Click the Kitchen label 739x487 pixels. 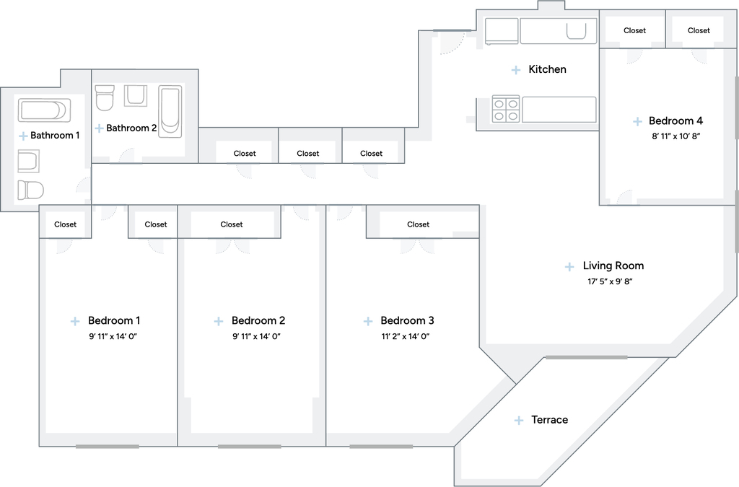pos(547,69)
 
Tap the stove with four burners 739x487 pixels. pos(506,109)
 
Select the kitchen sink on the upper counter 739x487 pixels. pos(576,32)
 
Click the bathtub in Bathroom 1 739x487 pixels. pos(44,110)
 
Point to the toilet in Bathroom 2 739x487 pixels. pos(105,97)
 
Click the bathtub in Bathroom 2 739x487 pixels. pos(170,112)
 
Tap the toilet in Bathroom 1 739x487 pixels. pos(30,190)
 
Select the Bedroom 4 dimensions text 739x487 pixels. pos(675,136)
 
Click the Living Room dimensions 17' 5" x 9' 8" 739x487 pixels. pos(609,281)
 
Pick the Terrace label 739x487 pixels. pos(549,420)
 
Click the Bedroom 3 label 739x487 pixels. pos(407,321)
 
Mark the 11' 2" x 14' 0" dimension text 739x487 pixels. pos(406,336)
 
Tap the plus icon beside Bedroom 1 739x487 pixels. pos(75,321)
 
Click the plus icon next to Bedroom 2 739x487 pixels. pos(218,321)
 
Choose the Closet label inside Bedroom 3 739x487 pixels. pos(418,224)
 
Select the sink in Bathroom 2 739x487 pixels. pos(136,96)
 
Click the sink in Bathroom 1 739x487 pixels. pos(28,161)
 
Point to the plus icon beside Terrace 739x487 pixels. pos(518,420)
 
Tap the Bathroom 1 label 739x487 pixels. pos(55,136)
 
